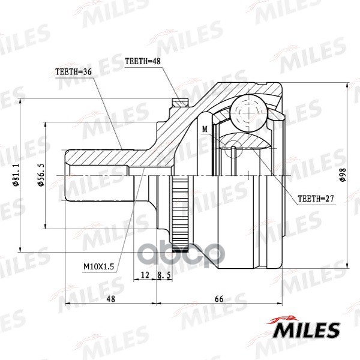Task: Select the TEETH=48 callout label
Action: pos(142,61)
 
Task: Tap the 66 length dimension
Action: pos(219,298)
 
